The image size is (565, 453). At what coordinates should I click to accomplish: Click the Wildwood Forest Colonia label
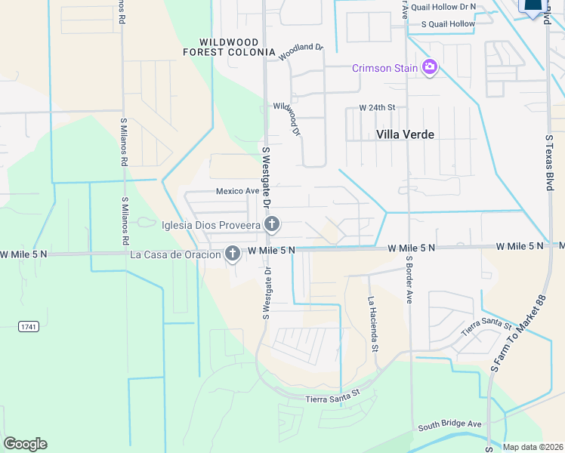(229, 47)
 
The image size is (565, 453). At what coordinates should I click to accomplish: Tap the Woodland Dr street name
(300, 52)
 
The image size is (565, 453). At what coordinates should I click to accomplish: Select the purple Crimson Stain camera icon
(430, 68)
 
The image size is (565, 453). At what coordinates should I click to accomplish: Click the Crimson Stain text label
(385, 69)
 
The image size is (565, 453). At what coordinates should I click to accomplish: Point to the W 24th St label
(377, 108)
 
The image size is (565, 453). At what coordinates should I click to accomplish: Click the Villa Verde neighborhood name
(405, 134)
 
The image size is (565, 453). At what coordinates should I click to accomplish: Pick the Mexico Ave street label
(237, 192)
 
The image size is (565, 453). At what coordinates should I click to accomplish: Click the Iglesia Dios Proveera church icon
(272, 224)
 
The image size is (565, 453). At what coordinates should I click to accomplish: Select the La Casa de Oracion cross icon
(232, 254)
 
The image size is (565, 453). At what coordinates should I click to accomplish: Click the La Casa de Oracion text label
(175, 254)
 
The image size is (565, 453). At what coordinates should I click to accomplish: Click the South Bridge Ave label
(449, 424)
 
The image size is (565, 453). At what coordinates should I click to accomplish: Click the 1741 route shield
(29, 325)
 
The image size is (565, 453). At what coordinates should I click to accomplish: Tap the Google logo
(25, 444)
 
